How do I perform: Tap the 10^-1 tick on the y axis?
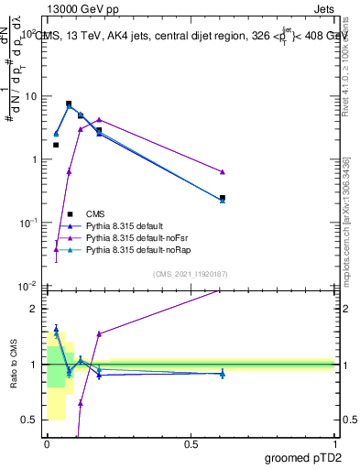27,223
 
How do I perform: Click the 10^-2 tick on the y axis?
27,286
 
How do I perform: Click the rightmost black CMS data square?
223,198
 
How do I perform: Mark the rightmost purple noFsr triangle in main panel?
223,172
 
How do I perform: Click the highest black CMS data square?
69,104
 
